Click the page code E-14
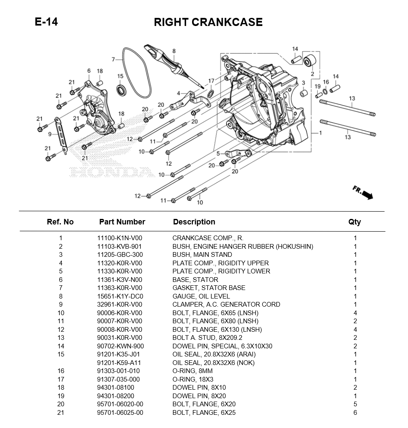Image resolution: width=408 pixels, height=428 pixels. point(46,22)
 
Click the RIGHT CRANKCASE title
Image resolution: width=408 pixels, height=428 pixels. point(208,22)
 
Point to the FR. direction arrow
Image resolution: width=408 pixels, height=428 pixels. point(363,192)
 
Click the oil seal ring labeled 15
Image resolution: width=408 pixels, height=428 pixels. point(122,90)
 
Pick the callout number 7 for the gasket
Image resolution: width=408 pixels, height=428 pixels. point(114,59)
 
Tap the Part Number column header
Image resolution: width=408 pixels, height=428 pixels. point(122,222)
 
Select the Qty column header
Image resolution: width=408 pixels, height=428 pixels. point(354,222)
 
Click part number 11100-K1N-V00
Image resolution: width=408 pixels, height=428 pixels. point(120,238)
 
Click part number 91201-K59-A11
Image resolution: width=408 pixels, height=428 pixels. point(120,363)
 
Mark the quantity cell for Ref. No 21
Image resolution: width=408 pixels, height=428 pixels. point(355,413)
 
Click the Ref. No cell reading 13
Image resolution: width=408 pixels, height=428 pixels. point(60,338)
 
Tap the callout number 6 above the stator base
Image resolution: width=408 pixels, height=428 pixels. point(89,71)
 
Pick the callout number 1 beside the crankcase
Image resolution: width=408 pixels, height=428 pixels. point(320,133)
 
